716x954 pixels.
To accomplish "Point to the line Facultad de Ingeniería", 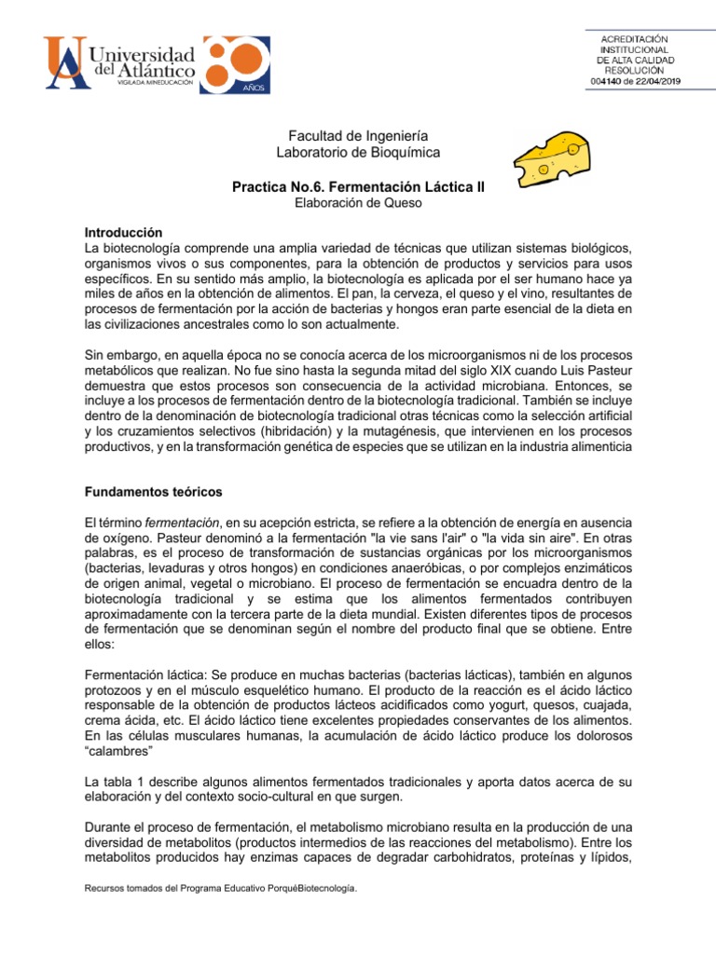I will point(359,135).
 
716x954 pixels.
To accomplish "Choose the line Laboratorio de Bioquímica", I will point(359,151).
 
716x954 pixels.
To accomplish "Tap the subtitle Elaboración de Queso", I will point(359,202).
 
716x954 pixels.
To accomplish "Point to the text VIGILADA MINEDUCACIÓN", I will point(154,83).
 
